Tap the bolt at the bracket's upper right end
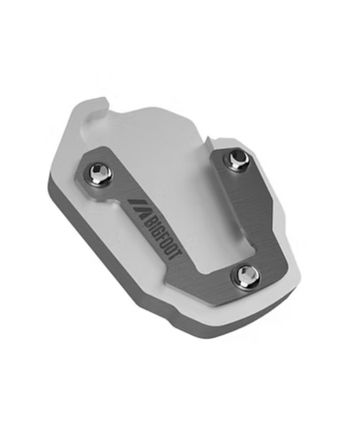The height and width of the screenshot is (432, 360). coord(236,159)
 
